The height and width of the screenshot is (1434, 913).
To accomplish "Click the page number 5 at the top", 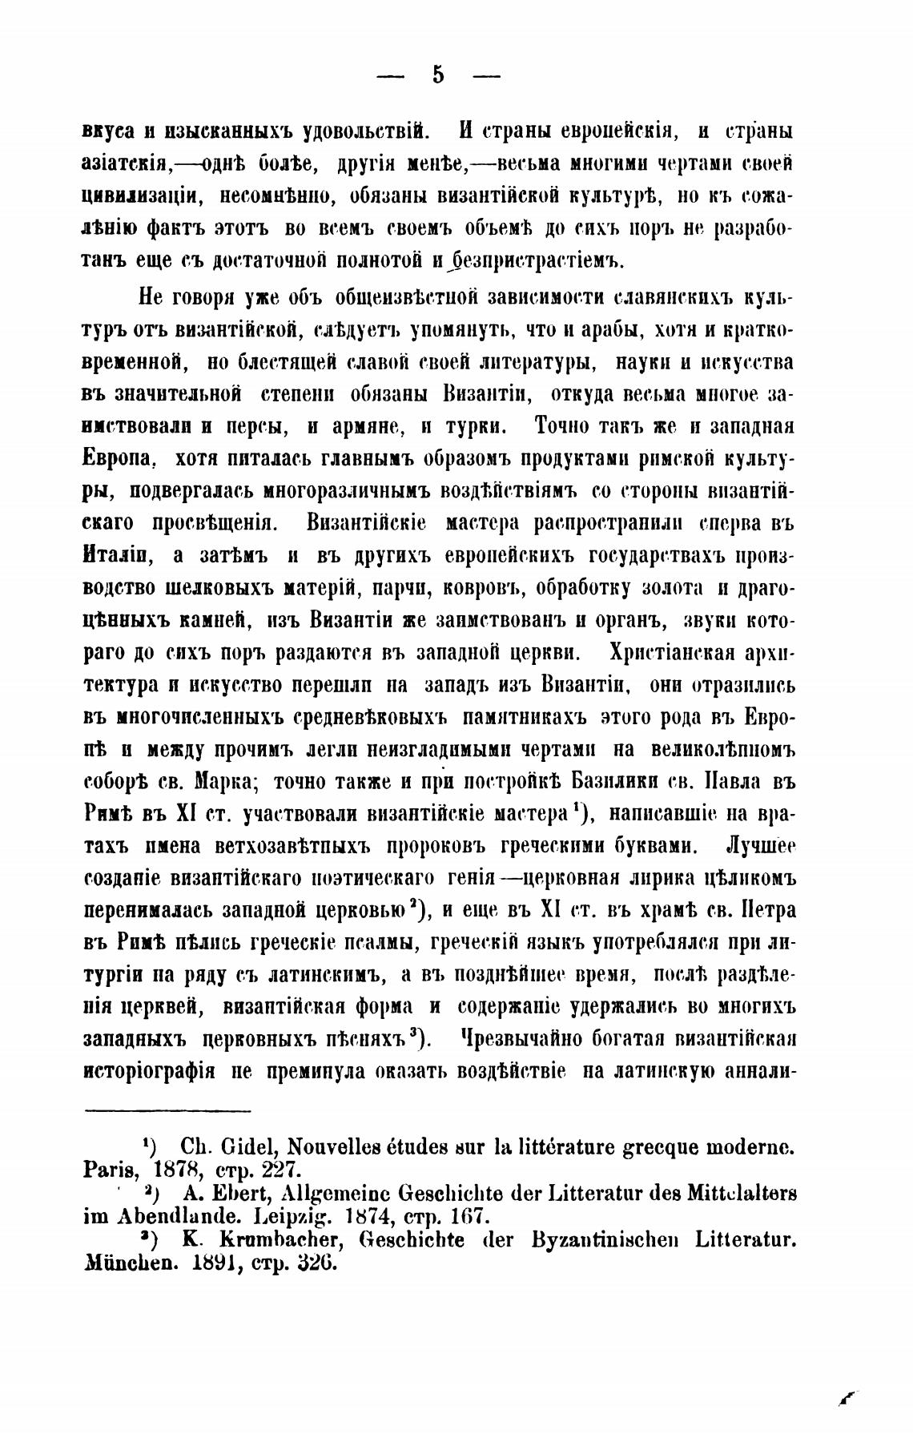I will pos(437,75).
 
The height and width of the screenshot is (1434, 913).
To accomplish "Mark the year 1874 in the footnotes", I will pos(382,1215).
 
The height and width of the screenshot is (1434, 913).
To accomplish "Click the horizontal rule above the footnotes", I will pos(167,1110).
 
